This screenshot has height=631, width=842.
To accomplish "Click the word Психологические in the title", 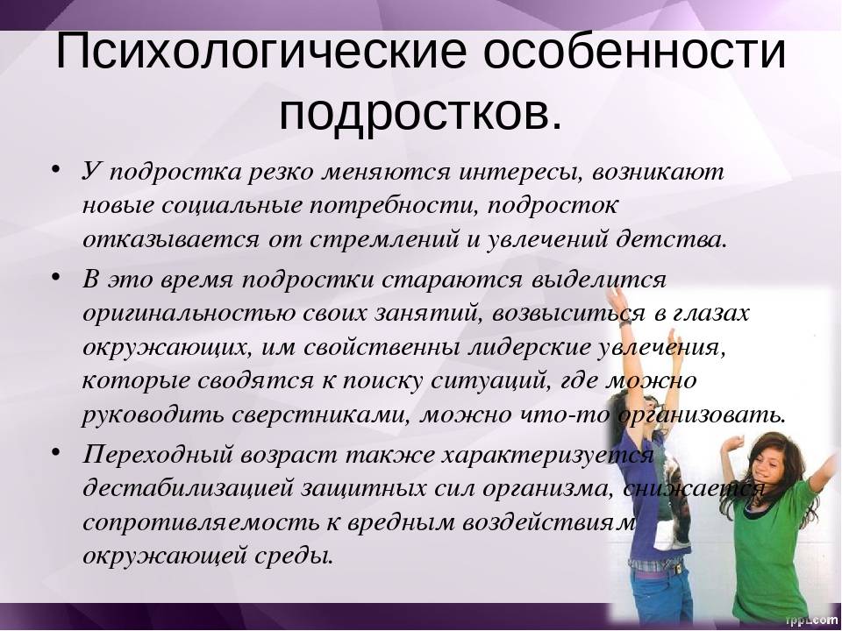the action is [260, 51].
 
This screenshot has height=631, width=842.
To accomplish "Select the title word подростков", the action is [421, 114].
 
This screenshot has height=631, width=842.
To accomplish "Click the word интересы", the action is [521, 173].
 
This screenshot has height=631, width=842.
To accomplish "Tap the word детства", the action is [671, 239].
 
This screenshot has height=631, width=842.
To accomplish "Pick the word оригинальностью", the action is [189, 314].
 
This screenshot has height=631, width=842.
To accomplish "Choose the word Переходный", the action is [158, 455].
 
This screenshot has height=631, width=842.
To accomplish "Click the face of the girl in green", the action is [770, 463].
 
